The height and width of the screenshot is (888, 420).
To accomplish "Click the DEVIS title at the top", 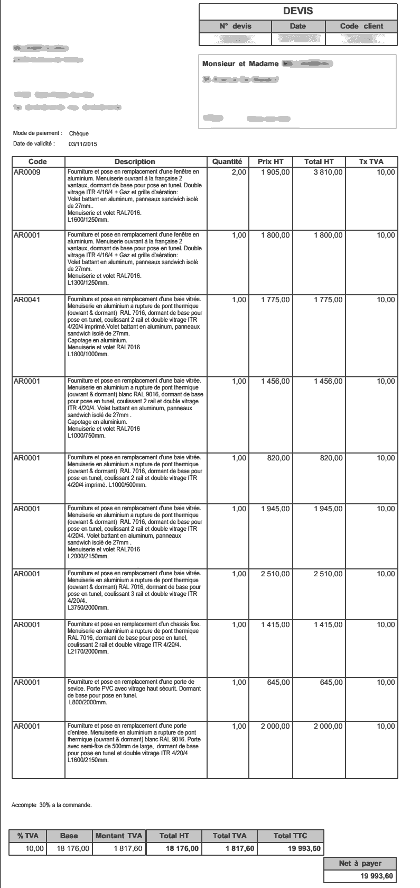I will (x=298, y=11).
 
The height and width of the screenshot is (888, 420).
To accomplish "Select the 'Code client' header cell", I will (x=361, y=26).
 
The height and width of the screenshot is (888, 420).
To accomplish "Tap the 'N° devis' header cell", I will (x=235, y=26).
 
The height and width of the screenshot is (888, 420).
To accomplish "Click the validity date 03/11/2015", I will (x=83, y=143).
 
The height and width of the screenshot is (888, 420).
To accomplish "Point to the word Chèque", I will (x=79, y=133).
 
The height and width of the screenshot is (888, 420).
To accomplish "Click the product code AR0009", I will (x=27, y=173).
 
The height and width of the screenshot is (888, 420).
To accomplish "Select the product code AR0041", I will (x=27, y=300).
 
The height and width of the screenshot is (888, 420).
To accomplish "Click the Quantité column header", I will (x=227, y=161).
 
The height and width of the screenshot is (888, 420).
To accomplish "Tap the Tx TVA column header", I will (x=371, y=161).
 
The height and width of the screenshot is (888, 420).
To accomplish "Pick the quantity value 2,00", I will (x=239, y=173).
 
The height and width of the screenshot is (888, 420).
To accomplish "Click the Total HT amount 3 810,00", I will (x=328, y=173).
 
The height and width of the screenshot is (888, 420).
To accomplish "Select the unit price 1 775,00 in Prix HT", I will (x=275, y=300).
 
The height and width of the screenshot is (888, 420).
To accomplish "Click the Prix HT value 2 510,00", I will (x=275, y=574).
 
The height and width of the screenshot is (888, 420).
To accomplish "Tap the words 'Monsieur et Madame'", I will (x=240, y=64).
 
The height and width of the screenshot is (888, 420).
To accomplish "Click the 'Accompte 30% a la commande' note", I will (x=52, y=805).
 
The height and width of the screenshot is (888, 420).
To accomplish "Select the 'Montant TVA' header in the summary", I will (x=119, y=836).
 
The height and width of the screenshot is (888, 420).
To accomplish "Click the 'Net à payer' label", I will (x=360, y=863).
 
